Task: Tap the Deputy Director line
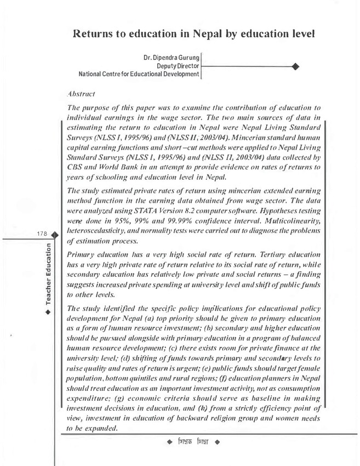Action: tap(178, 65)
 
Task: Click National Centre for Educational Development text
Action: tap(139, 73)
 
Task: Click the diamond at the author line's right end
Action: tap(296, 66)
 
